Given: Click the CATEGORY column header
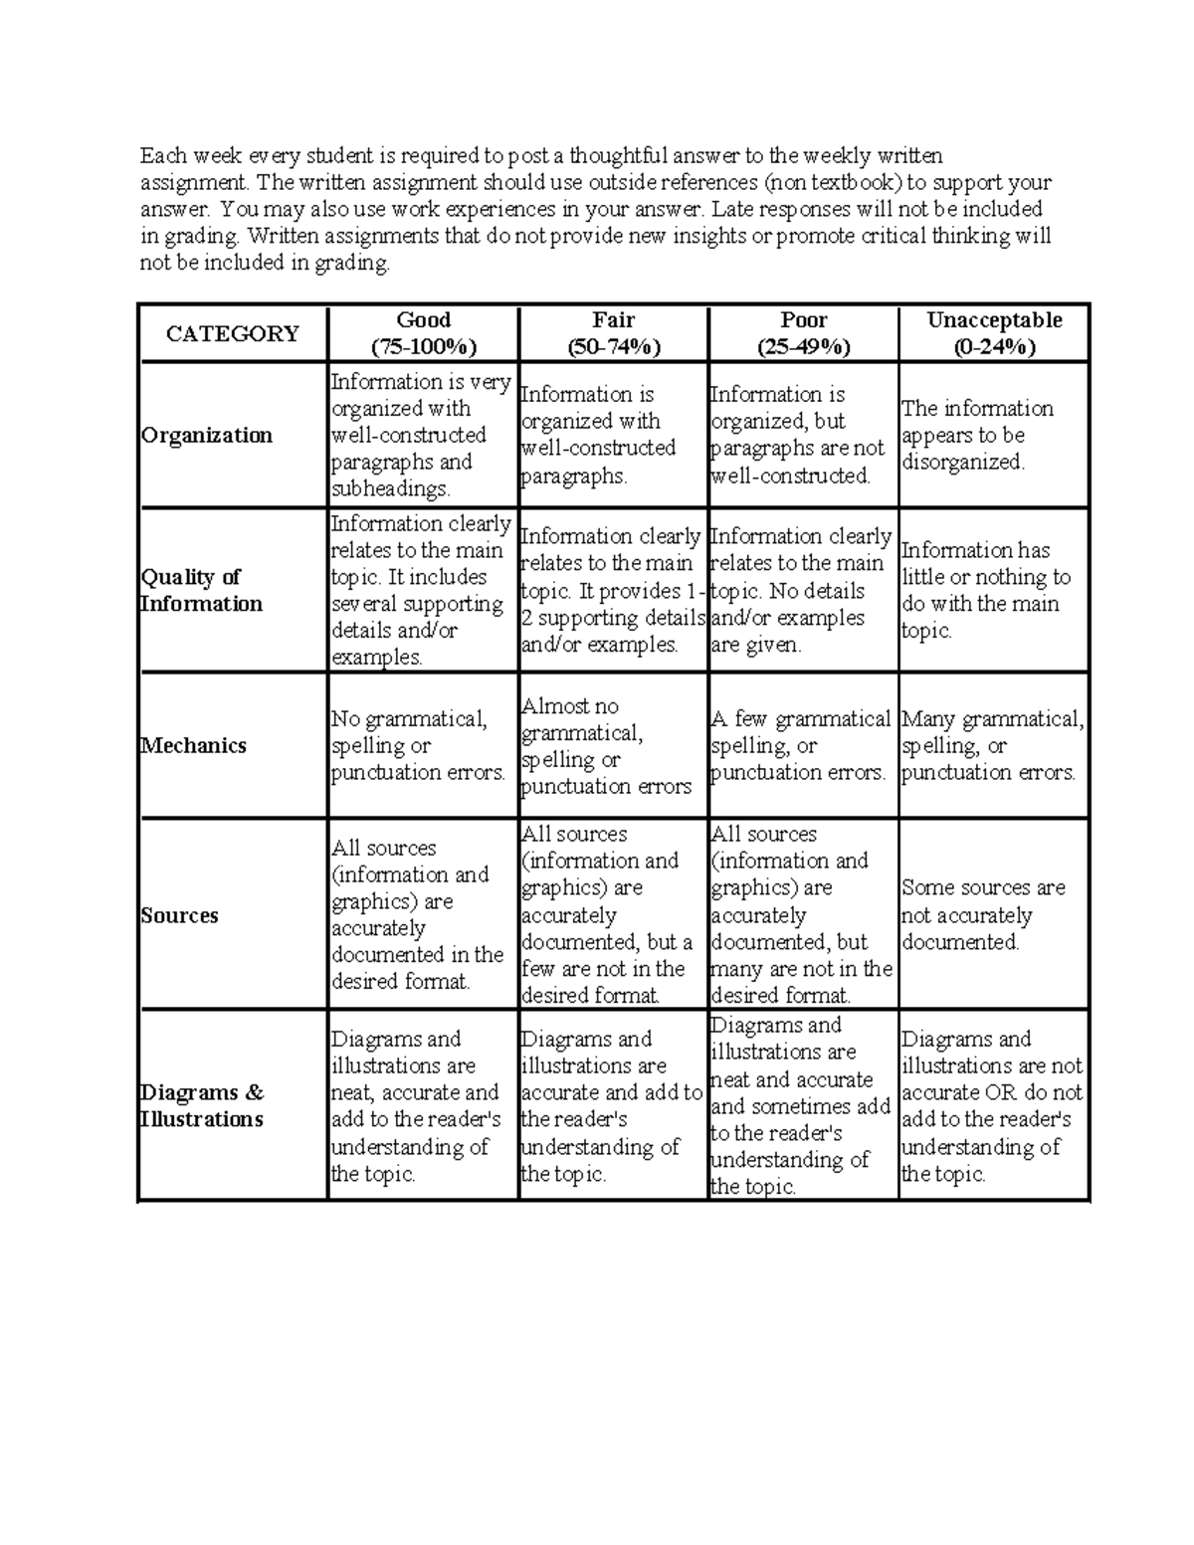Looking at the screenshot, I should click(x=233, y=333).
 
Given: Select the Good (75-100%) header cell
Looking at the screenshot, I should click(x=424, y=333).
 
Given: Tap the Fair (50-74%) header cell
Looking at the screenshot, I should click(x=614, y=333).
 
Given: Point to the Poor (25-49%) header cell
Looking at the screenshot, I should click(x=804, y=333).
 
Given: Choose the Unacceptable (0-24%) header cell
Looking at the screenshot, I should click(x=994, y=333).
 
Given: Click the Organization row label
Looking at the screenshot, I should click(x=207, y=435).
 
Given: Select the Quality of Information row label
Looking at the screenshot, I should click(x=202, y=590).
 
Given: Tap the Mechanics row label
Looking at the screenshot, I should click(x=194, y=745).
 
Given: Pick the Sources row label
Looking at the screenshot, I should click(x=180, y=915).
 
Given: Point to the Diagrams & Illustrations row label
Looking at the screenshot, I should click(x=202, y=1105).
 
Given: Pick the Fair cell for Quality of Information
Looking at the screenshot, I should click(x=612, y=590).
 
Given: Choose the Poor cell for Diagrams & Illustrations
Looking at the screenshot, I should click(x=801, y=1105).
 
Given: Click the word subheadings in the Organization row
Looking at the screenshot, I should click(x=390, y=489).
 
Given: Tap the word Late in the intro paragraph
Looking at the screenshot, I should click(x=732, y=209).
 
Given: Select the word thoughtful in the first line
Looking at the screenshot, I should click(x=619, y=155).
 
